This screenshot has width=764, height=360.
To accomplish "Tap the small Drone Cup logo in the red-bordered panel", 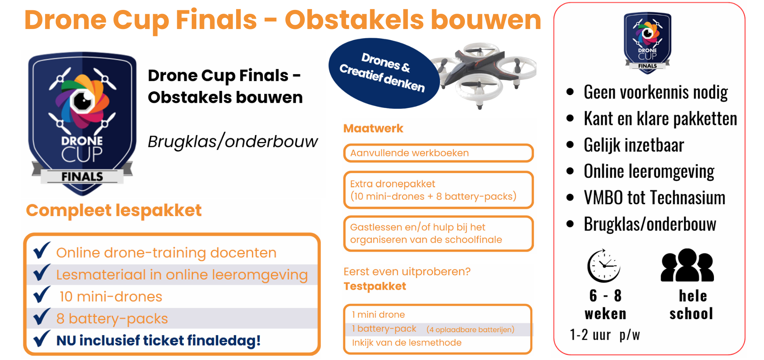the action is click(x=647, y=42).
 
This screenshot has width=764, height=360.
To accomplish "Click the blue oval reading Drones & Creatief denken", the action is click(x=384, y=73).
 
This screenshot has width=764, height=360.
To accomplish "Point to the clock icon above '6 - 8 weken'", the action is click(x=604, y=266).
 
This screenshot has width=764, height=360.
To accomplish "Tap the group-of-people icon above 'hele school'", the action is click(x=688, y=265).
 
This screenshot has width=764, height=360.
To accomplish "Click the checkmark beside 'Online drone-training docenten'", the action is click(x=42, y=250).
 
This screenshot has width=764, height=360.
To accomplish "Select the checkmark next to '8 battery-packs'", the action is click(x=42, y=316).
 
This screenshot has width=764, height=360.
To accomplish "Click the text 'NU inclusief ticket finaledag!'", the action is click(x=159, y=341).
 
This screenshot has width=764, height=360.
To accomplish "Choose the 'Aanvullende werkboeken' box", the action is click(x=439, y=153).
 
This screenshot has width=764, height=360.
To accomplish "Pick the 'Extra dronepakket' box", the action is click(x=439, y=190).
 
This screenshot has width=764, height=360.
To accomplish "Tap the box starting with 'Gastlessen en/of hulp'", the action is click(x=439, y=234).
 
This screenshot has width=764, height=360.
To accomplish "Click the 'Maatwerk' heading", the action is click(x=373, y=128).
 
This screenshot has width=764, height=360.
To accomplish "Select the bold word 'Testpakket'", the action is click(x=375, y=286).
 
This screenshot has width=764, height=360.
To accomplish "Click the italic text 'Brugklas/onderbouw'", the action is click(x=233, y=141).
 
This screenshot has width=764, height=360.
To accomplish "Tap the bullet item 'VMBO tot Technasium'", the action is click(x=654, y=198).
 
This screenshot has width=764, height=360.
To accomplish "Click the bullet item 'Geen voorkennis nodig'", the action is click(x=656, y=92).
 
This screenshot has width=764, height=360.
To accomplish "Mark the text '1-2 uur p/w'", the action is click(x=605, y=335).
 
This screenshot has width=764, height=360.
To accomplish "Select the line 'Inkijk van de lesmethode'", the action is click(x=407, y=342).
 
